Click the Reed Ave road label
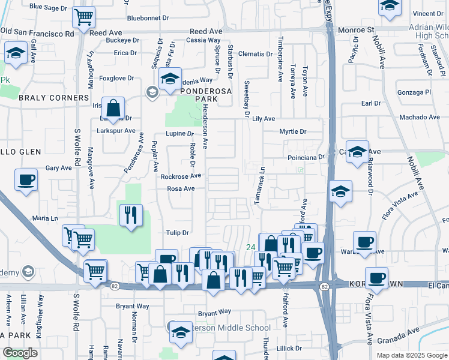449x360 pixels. point(205,31)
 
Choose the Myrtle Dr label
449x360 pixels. point(292,131)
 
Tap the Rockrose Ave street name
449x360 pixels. point(181,176)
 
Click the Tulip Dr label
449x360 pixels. point(178,232)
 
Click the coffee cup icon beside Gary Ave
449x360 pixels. point(26,179)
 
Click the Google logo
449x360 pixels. point(20,353)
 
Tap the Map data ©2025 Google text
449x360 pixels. point(411,355)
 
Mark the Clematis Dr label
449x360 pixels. point(255,54)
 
